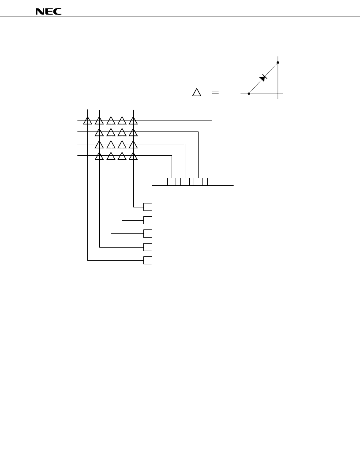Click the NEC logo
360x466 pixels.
pyautogui.click(x=49, y=11)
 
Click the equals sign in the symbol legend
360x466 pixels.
pyautogui.click(x=215, y=92)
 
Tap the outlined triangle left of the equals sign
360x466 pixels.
pyautogui.click(x=197, y=92)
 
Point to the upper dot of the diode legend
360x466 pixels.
pyautogui.click(x=278, y=62)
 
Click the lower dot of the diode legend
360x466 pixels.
pyautogui.click(x=249, y=94)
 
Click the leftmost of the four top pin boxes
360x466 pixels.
pyautogui.click(x=172, y=181)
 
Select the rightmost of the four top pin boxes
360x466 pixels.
pyautogui.click(x=212, y=181)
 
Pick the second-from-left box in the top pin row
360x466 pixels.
pyautogui.click(x=185, y=181)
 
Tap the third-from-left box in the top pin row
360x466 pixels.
pyautogui.click(x=199, y=181)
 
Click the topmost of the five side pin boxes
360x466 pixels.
pyautogui.click(x=148, y=207)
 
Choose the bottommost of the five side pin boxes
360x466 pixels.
pyautogui.click(x=148, y=260)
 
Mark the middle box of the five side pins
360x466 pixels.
pyautogui.click(x=148, y=233)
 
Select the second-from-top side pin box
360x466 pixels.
pyautogui.click(x=148, y=220)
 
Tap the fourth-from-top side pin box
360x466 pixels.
pyautogui.click(x=148, y=247)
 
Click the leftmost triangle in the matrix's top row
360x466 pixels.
pyautogui.click(x=88, y=120)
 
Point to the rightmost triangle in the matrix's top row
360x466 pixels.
pyautogui.click(x=133, y=120)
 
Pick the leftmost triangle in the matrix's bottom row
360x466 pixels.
pyautogui.click(x=99, y=156)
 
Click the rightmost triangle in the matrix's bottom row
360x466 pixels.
pyautogui.click(x=133, y=156)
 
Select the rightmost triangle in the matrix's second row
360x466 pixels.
pyautogui.click(x=133, y=132)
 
